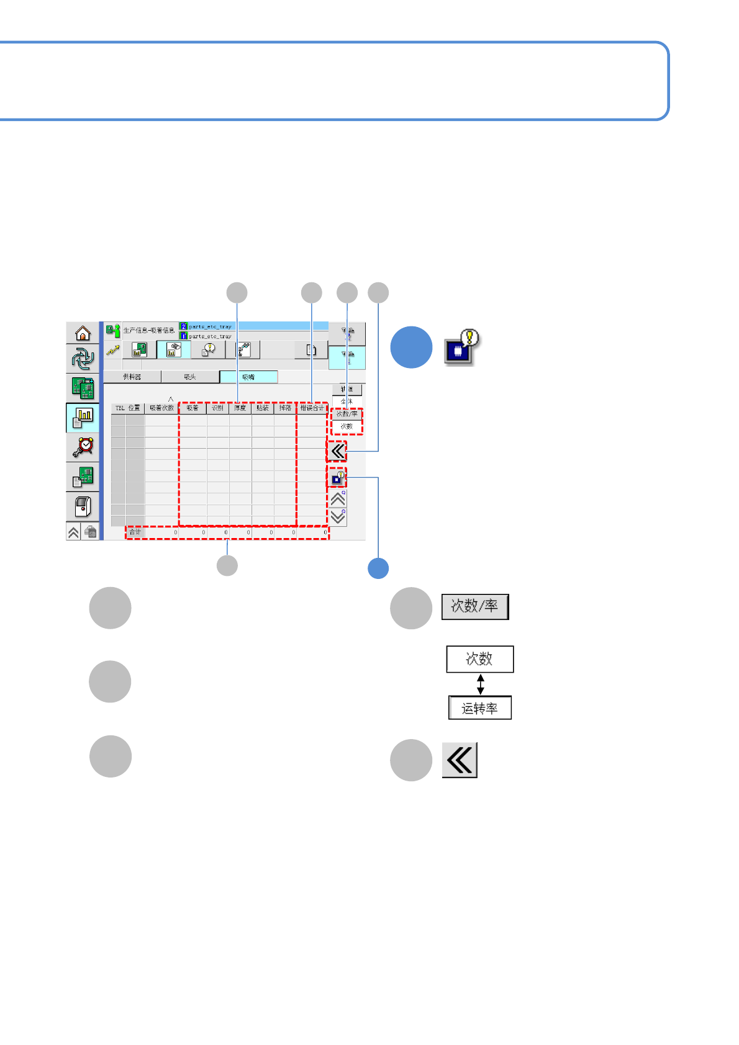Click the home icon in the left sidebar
83,333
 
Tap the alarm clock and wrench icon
83,446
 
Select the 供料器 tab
132,377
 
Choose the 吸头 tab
190,377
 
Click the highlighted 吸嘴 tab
248,377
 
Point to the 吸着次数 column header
161,408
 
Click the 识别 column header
217,408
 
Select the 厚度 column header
240,408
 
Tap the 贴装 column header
263,408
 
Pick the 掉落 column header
285,408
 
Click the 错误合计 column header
312,408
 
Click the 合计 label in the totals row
135,532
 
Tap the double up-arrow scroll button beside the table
338,498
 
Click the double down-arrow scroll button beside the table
338,517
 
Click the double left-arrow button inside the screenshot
337,451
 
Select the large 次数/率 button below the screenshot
475,606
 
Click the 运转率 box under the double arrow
480,708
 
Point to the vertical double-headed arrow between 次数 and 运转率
480,684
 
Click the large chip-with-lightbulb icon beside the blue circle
461,348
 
